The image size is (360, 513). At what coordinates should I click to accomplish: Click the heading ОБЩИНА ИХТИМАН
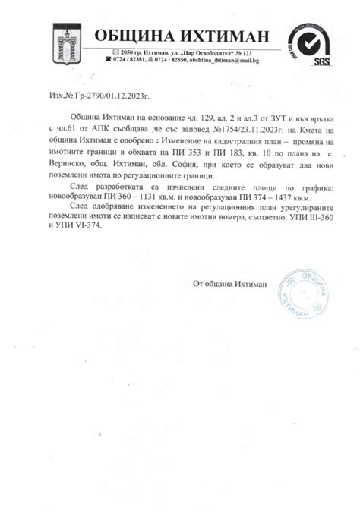click(x=182, y=36)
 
